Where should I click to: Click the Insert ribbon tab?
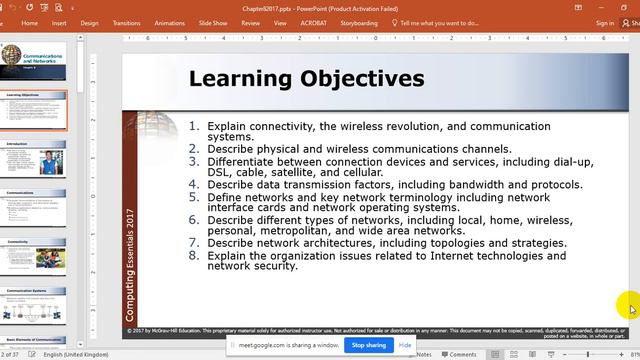point(59,23)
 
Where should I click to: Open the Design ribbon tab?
point(90,23)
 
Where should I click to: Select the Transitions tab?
point(127,23)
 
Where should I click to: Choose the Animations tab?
point(170,23)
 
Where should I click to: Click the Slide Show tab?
point(213,23)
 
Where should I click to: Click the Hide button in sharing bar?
point(405,345)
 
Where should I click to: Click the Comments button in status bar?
point(462,354)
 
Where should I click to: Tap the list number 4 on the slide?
point(195,185)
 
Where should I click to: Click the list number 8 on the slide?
point(195,256)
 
